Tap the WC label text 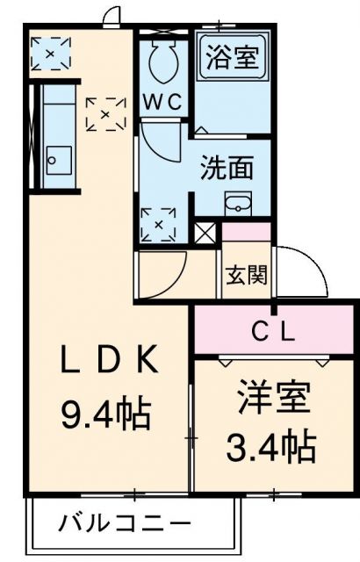coord(164,102)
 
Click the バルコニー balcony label coord(124,524)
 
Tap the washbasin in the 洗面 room coord(238,204)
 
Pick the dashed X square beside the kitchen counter coord(104,113)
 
